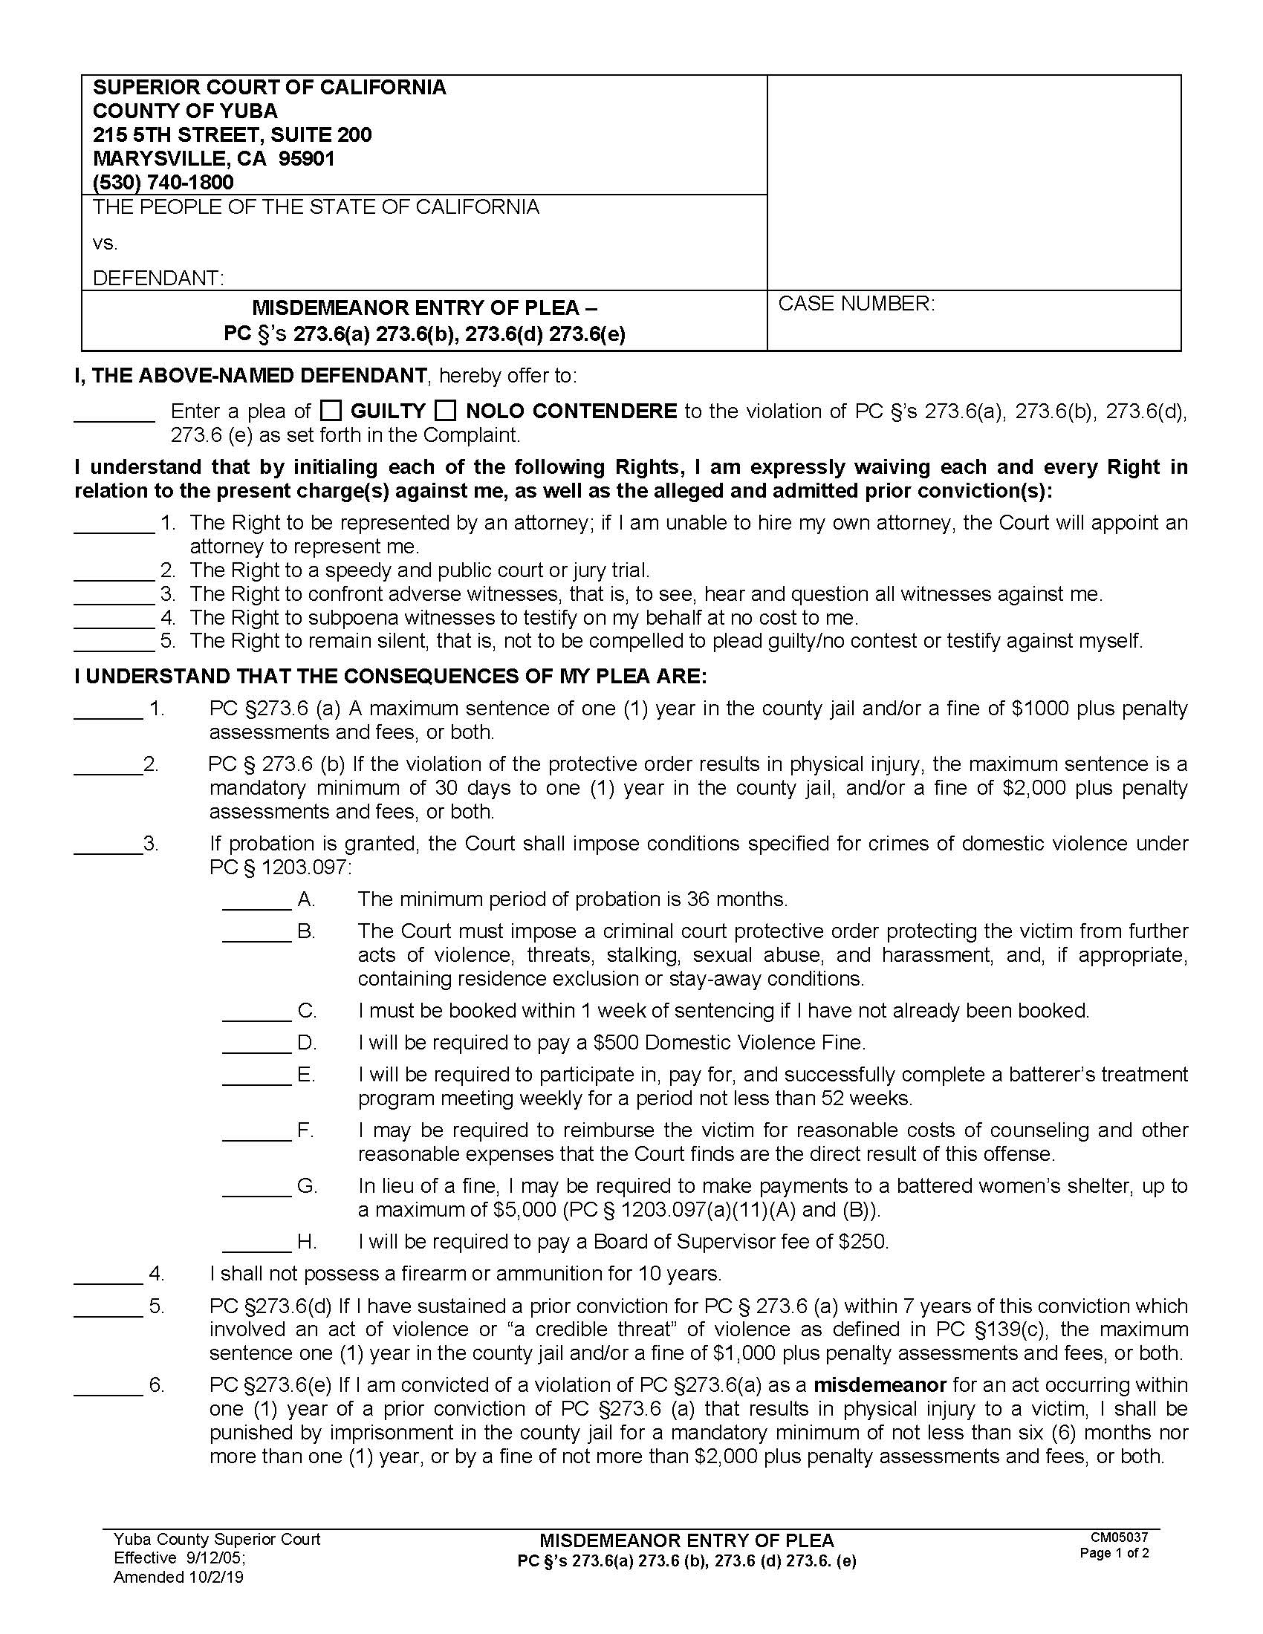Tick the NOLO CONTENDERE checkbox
[446, 411]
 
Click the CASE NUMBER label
[856, 305]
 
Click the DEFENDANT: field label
[158, 279]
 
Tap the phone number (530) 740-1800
[163, 183]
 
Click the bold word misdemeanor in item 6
[880, 1386]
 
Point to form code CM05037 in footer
[1119, 1538]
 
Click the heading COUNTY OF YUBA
[185, 111]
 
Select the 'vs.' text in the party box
[105, 243]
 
